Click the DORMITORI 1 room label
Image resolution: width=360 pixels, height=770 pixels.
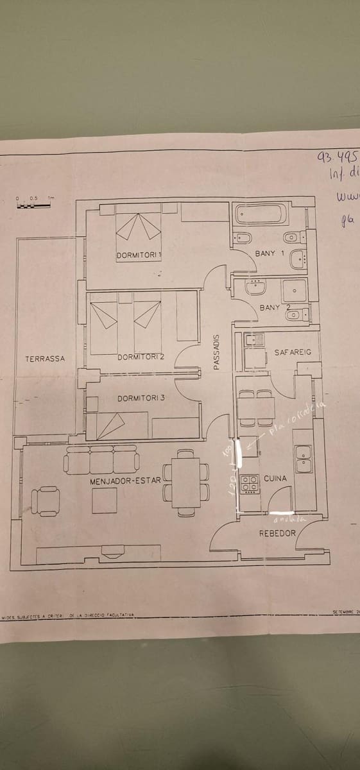pos(139,255)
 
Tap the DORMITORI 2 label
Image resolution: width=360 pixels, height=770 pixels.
pos(141,357)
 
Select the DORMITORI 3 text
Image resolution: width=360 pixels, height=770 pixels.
pos(141,398)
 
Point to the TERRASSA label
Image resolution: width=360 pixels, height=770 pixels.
pos(45,359)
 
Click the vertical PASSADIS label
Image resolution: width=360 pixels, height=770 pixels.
pos(216,352)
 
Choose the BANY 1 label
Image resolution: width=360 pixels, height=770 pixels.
pos(270,253)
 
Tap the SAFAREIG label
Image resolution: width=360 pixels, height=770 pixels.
pos(293,352)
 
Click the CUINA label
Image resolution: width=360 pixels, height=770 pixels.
pos(275,479)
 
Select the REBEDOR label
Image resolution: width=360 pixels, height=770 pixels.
pos(277,533)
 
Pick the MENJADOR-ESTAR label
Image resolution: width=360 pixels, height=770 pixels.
pos(125,480)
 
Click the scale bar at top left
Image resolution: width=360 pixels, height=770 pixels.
pos(34,205)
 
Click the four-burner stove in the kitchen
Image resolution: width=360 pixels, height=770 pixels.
pos(249,484)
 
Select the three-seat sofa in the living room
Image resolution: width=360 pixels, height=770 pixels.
pos(101,460)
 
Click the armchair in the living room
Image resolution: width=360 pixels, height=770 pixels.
pos(47,501)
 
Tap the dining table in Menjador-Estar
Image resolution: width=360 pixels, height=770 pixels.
pos(186,482)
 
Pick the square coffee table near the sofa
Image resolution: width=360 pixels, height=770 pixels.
pos(105,501)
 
